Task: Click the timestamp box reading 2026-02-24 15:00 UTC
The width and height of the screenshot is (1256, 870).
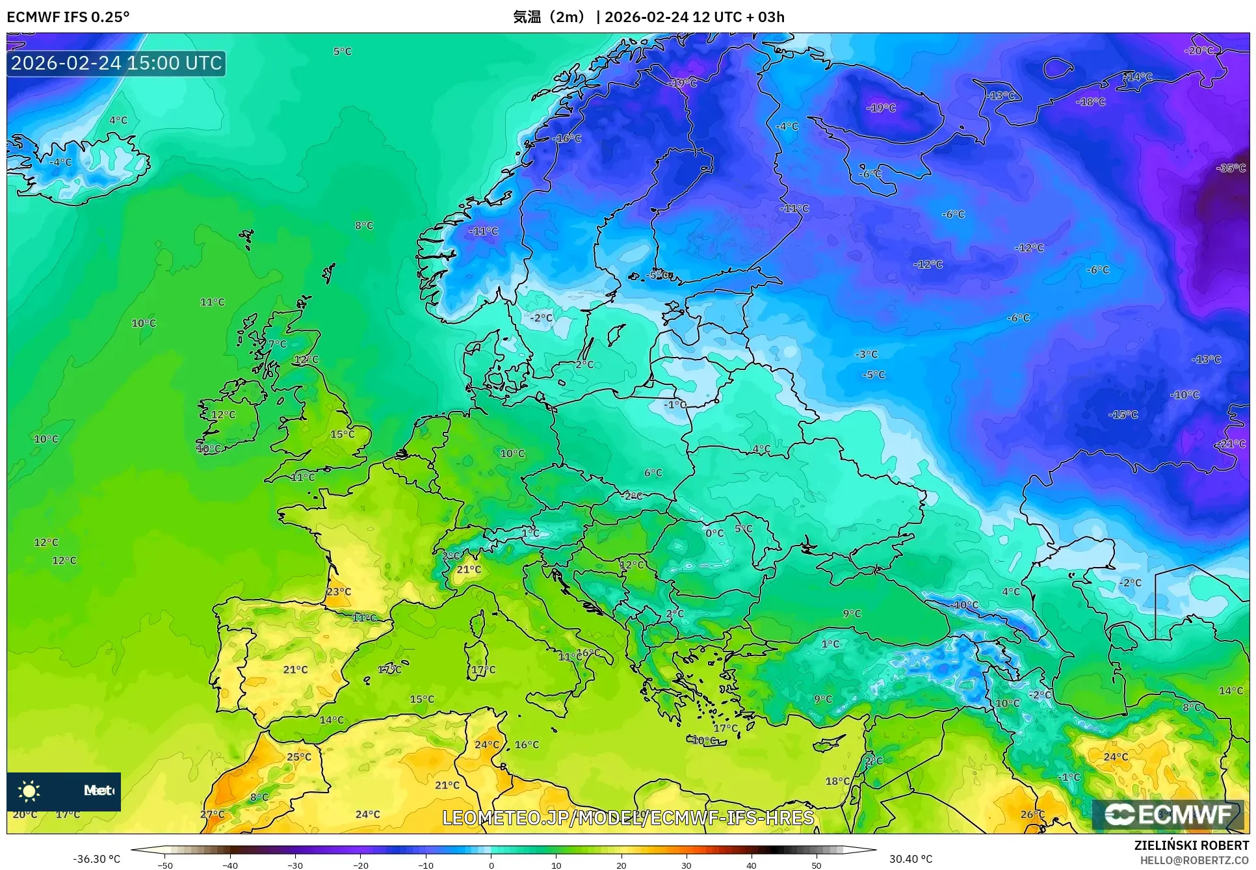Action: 116,63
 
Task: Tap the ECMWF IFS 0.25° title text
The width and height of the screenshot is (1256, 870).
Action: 68,17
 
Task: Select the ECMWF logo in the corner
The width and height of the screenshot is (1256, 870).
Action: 1168,814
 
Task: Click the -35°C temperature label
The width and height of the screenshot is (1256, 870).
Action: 1231,168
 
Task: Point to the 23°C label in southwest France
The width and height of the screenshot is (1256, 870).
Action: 339,592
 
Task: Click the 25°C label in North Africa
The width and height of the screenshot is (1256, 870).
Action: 299,757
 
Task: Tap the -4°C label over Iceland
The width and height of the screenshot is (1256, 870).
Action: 61,162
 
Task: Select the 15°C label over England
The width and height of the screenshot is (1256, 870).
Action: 343,434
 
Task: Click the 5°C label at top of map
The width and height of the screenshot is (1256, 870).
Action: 343,51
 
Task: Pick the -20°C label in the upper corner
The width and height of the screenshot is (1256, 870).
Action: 1199,51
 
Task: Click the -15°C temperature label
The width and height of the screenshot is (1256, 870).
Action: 1123,415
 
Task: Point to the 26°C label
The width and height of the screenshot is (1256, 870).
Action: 1032,815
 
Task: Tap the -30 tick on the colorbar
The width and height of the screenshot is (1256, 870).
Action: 295,865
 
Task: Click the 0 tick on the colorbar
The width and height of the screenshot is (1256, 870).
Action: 491,865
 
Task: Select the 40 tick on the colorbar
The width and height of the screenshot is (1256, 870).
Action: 752,865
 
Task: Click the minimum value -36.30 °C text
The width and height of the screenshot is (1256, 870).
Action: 96,859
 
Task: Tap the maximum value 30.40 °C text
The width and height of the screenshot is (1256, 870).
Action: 911,859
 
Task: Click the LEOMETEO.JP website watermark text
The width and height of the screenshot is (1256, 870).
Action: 628,818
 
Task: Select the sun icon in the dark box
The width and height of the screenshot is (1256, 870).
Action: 29,791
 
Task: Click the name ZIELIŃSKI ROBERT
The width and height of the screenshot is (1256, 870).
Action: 1191,845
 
